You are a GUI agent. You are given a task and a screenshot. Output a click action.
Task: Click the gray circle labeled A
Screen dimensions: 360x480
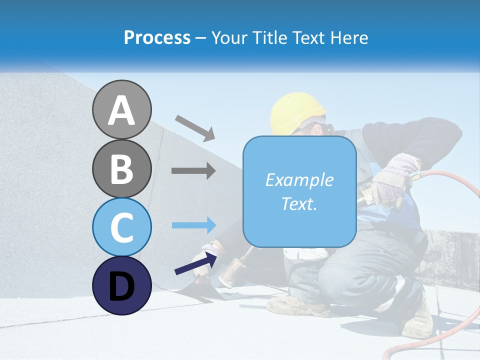(x=121, y=109)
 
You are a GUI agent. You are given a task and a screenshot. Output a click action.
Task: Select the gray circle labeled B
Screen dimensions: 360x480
(x=121, y=168)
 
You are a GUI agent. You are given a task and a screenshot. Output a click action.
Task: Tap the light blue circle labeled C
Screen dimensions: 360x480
(x=121, y=227)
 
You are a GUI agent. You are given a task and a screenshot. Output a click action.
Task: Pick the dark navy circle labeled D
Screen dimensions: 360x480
(x=121, y=285)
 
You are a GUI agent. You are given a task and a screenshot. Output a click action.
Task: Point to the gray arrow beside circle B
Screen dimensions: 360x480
(x=193, y=171)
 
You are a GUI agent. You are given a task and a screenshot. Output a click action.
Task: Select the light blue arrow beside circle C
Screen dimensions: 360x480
(x=194, y=225)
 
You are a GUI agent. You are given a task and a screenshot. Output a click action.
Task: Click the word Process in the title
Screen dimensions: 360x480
(x=157, y=37)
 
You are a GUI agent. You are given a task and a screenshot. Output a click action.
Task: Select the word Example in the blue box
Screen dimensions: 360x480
(x=299, y=180)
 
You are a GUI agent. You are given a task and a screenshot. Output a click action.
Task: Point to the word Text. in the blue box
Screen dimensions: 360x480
(x=299, y=203)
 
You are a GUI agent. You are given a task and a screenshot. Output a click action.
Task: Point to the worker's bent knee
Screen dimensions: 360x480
(x=340, y=280)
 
